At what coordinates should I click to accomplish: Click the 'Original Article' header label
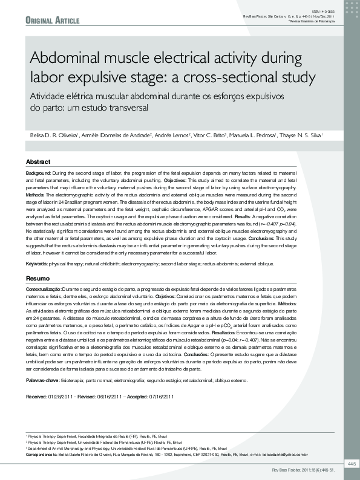tap(53, 21)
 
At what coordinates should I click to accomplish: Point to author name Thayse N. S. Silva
tap(304, 135)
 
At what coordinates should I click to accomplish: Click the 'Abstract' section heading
tap(38, 163)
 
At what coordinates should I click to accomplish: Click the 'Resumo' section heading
tap(38, 278)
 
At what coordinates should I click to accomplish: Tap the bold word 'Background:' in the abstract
tap(38, 173)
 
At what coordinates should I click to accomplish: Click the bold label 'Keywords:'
tap(37, 264)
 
